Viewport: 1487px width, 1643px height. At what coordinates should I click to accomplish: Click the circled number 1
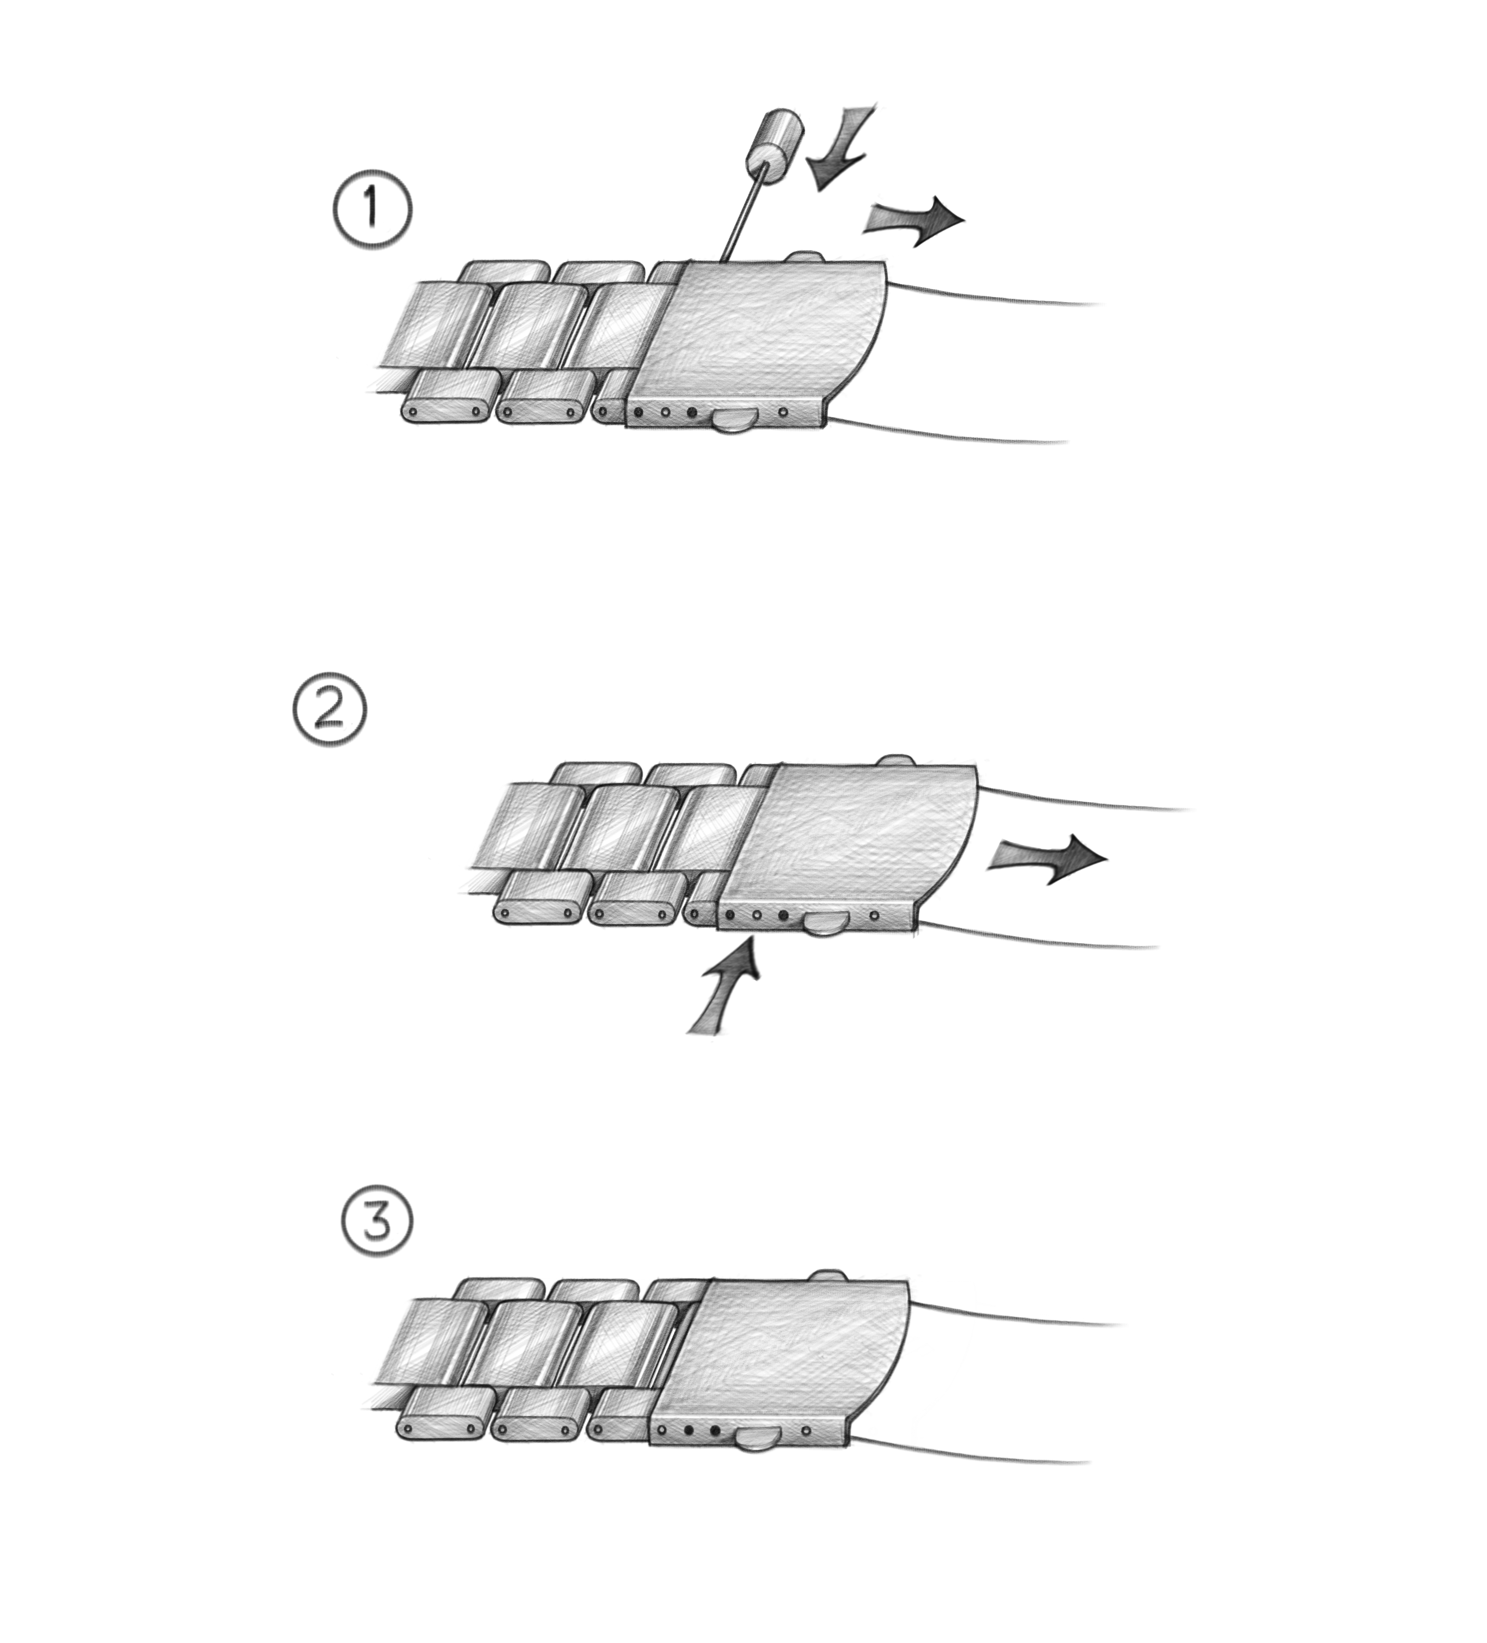point(372,209)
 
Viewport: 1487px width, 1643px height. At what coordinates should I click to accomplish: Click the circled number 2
point(329,711)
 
